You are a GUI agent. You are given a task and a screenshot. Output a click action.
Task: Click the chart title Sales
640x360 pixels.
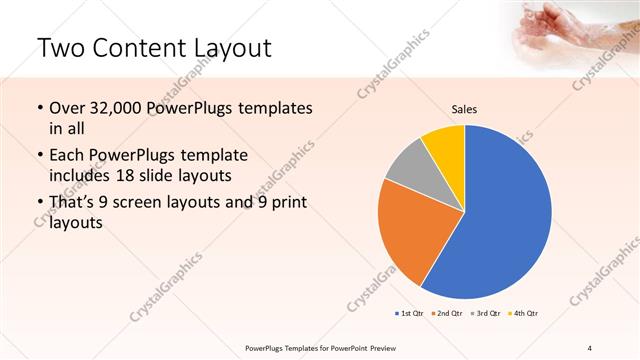click(464, 108)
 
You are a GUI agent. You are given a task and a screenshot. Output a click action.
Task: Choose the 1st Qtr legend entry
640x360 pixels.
click(410, 314)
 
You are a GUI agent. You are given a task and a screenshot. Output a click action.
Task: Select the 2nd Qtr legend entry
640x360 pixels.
click(446, 314)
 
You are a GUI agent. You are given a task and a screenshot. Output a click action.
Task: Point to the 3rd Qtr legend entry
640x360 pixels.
click(484, 314)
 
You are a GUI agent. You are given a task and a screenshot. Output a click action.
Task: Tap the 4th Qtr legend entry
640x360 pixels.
click(522, 314)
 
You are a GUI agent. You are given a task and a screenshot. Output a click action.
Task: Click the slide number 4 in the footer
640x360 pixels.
click(589, 347)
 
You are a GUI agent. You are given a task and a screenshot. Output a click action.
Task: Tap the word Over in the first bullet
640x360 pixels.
click(68, 108)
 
